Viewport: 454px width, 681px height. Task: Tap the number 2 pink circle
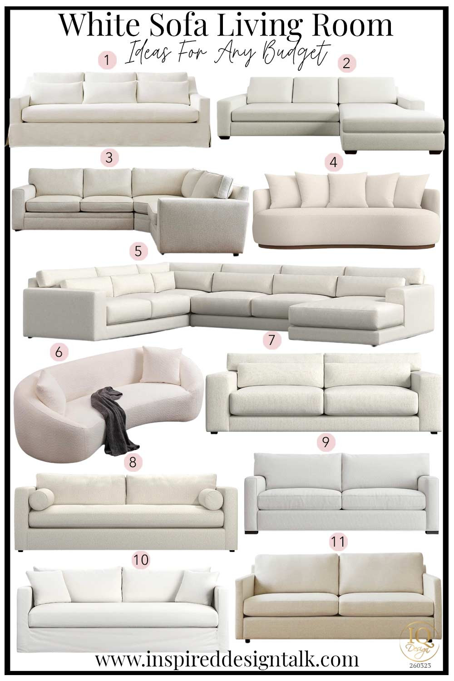(x=347, y=63)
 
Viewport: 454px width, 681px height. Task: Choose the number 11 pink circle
(x=338, y=541)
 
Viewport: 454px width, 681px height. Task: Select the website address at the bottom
(x=227, y=660)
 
